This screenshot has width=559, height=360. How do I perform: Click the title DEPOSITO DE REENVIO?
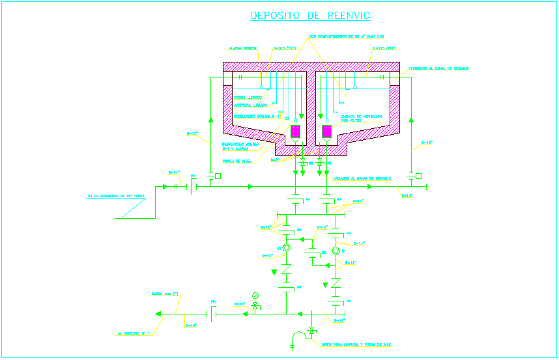310,16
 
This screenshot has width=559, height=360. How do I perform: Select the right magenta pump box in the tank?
326,131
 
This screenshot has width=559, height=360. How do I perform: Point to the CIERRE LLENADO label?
248,98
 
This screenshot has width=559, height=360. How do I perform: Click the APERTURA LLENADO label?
250,105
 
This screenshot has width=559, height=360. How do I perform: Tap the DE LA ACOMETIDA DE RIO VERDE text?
116,195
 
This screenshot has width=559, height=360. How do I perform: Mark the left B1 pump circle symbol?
286,247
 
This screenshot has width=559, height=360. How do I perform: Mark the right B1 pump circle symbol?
336,251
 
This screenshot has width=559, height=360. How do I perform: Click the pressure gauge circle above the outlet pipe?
255,296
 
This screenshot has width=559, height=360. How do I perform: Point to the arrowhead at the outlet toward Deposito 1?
159,314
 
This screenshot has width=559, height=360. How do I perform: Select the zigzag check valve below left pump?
285,269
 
